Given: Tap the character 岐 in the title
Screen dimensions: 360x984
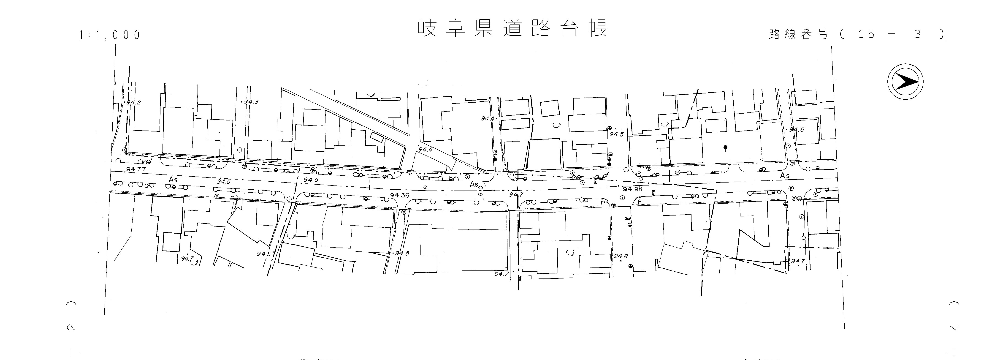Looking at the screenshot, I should (x=427, y=28).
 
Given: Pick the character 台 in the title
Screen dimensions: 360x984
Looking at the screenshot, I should (x=569, y=28).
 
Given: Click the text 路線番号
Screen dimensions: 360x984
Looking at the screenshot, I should (x=798, y=34).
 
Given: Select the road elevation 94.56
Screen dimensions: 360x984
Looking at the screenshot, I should (x=400, y=195).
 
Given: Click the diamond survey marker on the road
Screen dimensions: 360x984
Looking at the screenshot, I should (x=425, y=188).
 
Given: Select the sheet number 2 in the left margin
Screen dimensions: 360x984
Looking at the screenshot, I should (x=71, y=327).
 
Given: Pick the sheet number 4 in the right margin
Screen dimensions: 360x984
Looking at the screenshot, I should (x=954, y=327).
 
